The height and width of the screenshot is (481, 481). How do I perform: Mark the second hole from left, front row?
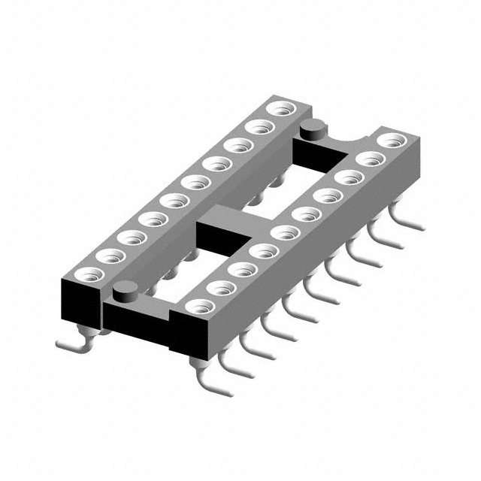(219, 288)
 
